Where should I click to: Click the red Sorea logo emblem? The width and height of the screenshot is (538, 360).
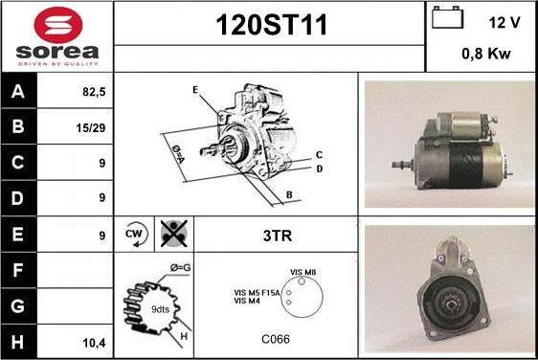coord(58,24)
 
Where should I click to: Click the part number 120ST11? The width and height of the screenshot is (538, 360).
coord(271,25)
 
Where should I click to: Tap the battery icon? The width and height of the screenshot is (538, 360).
coord(447,17)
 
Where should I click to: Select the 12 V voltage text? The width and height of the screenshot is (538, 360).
coord(504,23)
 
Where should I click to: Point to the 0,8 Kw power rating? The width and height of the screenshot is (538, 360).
coord(486,54)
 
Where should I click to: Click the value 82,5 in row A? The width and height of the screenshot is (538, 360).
coord(94,92)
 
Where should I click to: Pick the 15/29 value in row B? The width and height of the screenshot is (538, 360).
coord(91,128)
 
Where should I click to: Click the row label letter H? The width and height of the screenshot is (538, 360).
coord(17,342)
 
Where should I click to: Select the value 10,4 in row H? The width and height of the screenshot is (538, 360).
coord(94,343)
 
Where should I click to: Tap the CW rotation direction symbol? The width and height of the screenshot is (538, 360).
coord(136,234)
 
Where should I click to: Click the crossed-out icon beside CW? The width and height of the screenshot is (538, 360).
coord(174,234)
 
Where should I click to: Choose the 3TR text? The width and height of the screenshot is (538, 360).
coord(278,236)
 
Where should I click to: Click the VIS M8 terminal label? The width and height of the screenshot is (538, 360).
coord(303,272)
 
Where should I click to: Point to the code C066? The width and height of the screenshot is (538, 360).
coord(276,339)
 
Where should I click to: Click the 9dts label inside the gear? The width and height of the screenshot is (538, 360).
coord(160,309)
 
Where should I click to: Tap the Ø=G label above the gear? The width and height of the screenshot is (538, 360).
coord(181,267)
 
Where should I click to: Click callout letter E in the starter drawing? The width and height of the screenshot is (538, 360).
coord(195,90)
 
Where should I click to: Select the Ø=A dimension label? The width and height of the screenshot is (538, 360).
coord(178,154)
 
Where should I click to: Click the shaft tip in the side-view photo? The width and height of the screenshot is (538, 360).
coord(393,165)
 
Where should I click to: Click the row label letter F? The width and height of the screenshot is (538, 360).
coord(17,270)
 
